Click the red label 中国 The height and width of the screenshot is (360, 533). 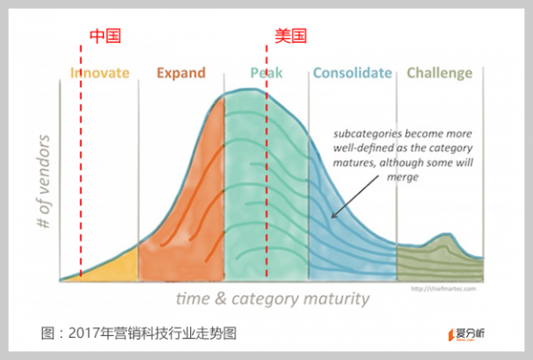click(x=104, y=36)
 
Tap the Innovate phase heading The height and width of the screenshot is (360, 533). click(x=99, y=73)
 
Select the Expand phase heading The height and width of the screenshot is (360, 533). click(x=180, y=73)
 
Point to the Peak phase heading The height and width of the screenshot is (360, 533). click(x=266, y=73)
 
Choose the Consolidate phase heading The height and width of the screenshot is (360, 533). click(x=352, y=73)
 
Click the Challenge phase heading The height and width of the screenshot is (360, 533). click(x=439, y=73)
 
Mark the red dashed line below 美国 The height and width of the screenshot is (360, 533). click(x=266, y=178)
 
